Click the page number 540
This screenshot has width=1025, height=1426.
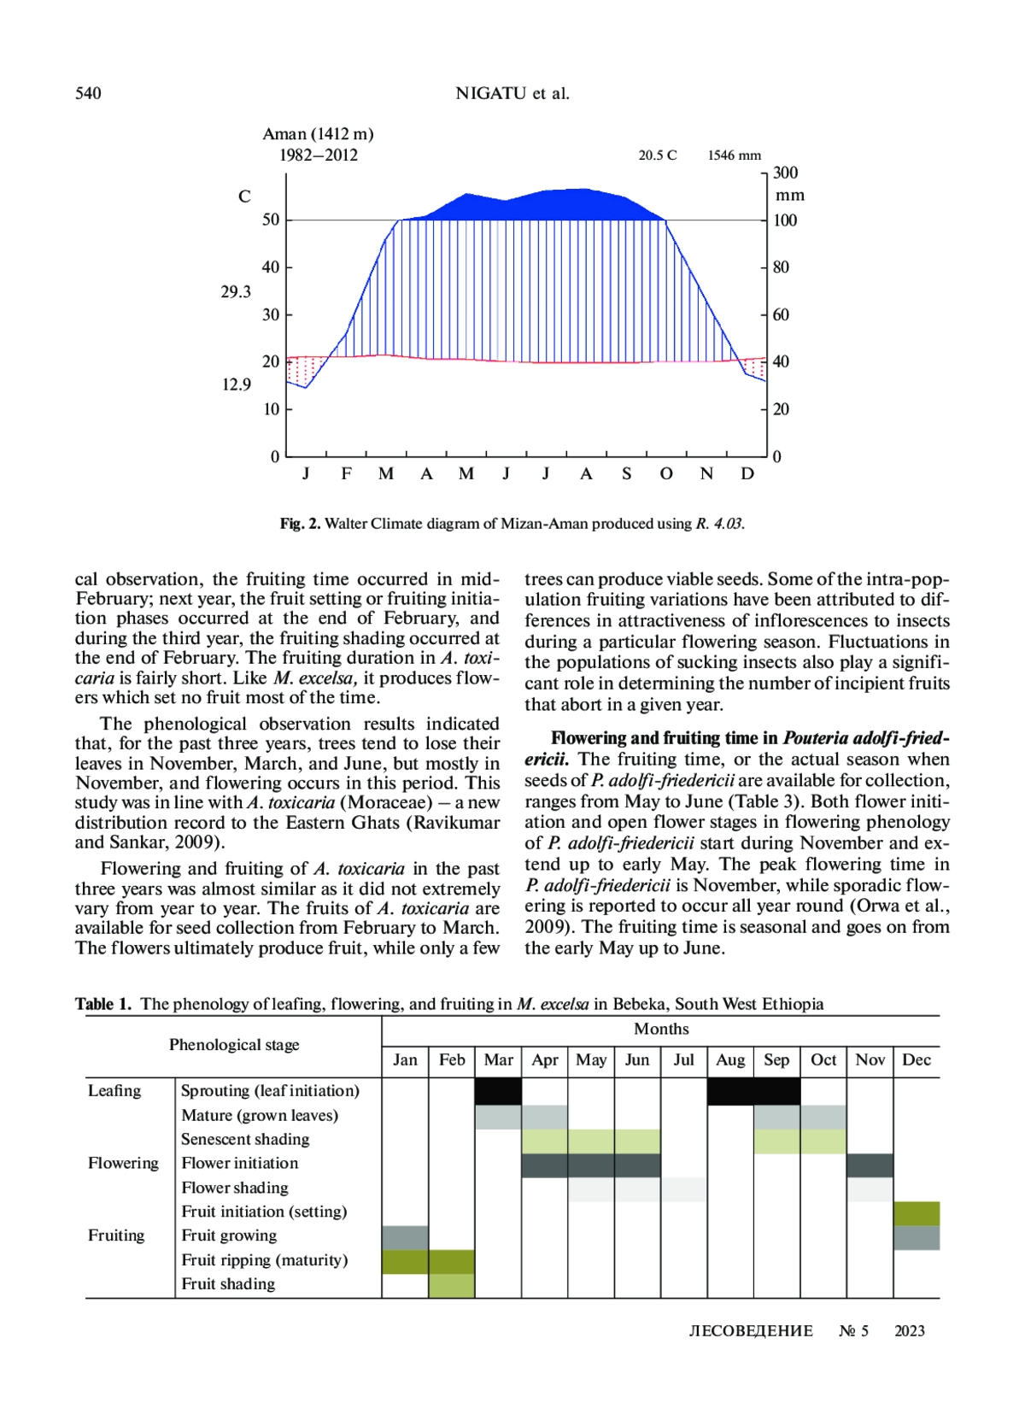pyautogui.click(x=88, y=93)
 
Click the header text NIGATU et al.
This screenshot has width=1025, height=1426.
pyautogui.click(x=512, y=93)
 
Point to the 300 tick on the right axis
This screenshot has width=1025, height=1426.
pyautogui.click(x=785, y=173)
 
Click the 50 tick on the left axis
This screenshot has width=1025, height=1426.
pyautogui.click(x=271, y=220)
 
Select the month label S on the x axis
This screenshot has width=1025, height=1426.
pyautogui.click(x=626, y=474)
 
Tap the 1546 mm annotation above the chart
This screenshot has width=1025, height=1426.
pyautogui.click(x=734, y=156)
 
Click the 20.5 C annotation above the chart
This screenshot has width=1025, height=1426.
pyautogui.click(x=657, y=156)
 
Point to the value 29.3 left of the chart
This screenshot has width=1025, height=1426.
pyautogui.click(x=236, y=292)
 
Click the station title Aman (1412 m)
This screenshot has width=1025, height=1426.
pyautogui.click(x=318, y=134)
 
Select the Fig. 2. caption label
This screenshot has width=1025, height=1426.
pyautogui.click(x=300, y=524)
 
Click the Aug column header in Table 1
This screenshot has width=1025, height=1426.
pyautogui.click(x=730, y=1060)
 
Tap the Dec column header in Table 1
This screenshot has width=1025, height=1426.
pyautogui.click(x=917, y=1060)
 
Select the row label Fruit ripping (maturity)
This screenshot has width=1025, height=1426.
pyautogui.click(x=265, y=1260)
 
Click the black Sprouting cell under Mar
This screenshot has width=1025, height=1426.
pyautogui.click(x=498, y=1091)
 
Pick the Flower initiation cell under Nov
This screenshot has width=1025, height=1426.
pyautogui.click(x=870, y=1165)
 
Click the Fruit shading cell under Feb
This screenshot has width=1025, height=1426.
pyautogui.click(x=452, y=1286)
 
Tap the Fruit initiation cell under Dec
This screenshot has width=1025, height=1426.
pyautogui.click(x=917, y=1213)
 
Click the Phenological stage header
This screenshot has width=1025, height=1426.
pyautogui.click(x=234, y=1045)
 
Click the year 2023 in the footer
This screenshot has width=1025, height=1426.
pyautogui.click(x=909, y=1331)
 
